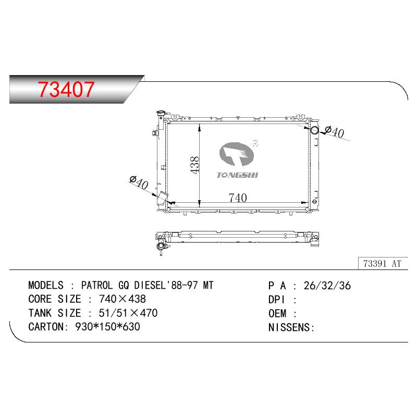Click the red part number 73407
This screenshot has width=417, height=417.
(x=66, y=89)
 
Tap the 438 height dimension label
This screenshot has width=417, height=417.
(x=194, y=165)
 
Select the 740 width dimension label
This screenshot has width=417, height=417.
(x=238, y=198)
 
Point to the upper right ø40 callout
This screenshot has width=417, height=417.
(x=335, y=132)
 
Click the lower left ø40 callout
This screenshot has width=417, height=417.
(x=139, y=182)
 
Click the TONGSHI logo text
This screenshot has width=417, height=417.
(x=237, y=175)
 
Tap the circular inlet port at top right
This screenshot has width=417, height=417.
(x=314, y=130)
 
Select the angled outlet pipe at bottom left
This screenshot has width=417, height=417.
(x=162, y=199)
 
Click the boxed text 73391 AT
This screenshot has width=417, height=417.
(x=382, y=264)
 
